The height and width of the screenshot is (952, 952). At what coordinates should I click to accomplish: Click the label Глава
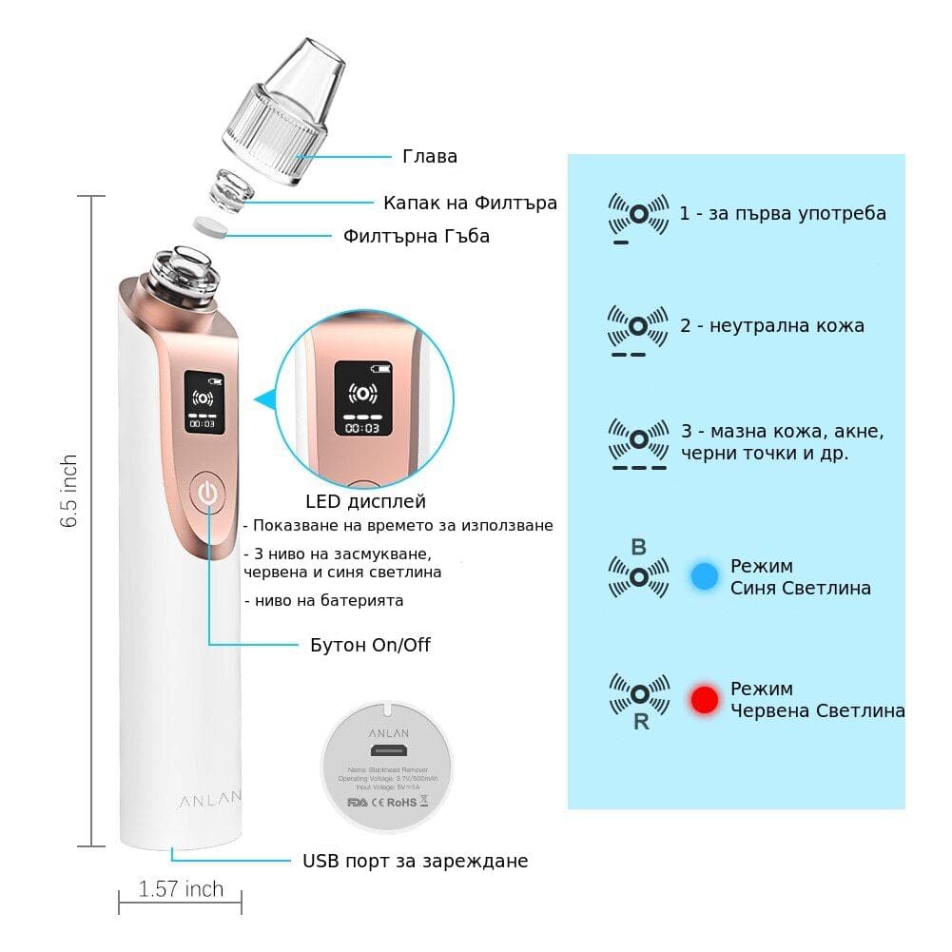[x=430, y=157]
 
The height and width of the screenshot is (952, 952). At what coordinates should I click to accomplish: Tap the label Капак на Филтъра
[x=470, y=203]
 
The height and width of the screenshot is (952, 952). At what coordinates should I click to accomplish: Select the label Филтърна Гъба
[x=417, y=236]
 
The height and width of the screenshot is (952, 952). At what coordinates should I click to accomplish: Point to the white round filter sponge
[x=211, y=228]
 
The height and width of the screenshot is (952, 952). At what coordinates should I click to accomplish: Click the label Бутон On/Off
[x=370, y=645]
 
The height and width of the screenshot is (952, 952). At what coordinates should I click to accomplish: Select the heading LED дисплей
[x=365, y=501]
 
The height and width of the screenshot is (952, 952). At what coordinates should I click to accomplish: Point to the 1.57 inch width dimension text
[x=181, y=889]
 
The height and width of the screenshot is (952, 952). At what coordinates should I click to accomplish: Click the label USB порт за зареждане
[x=415, y=861]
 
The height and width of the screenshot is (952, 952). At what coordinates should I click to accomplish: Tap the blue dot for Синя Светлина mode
[x=705, y=576]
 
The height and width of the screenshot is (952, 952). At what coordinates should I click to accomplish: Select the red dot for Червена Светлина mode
[x=705, y=700]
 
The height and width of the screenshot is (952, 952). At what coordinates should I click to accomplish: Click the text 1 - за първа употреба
[x=783, y=213]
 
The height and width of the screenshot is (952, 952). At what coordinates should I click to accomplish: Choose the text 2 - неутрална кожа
[x=772, y=326]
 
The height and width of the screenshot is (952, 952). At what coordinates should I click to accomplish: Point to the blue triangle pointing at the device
[x=263, y=399]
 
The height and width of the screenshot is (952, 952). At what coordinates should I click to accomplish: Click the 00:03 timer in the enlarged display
[x=362, y=429]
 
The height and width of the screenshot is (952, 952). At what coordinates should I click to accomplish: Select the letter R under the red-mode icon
[x=641, y=723]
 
